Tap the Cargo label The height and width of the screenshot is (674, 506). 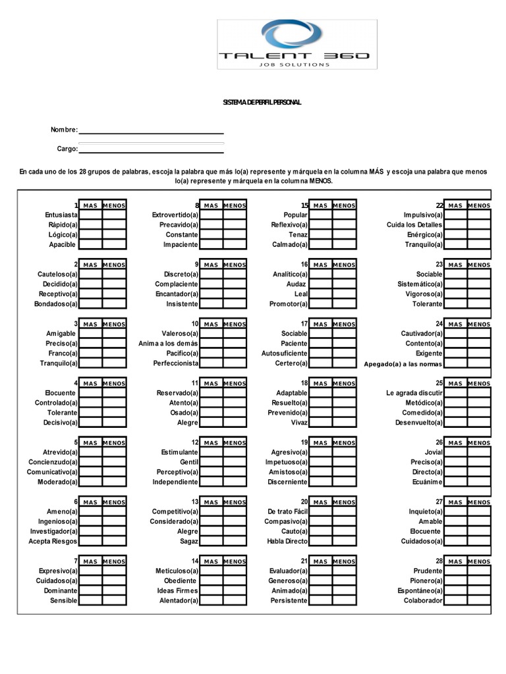click(67, 149)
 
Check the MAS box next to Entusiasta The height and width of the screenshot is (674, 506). click(91, 215)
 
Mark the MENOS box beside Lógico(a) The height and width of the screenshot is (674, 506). click(114, 234)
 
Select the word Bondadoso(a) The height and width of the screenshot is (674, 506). click(56, 304)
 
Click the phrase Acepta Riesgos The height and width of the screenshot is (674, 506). click(53, 541)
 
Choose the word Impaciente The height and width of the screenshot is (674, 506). click(181, 244)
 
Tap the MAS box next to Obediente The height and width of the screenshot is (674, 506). click(211, 581)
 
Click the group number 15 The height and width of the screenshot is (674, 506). click(304, 205)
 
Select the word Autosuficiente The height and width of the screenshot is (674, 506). click(284, 353)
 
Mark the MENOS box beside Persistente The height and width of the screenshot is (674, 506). click(344, 600)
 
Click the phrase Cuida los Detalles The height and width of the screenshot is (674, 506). click(414, 224)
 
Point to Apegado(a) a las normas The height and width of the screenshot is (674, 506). click(403, 364)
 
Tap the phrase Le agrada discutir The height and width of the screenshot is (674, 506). click(414, 393)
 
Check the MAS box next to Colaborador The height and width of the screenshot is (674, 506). click(455, 600)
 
